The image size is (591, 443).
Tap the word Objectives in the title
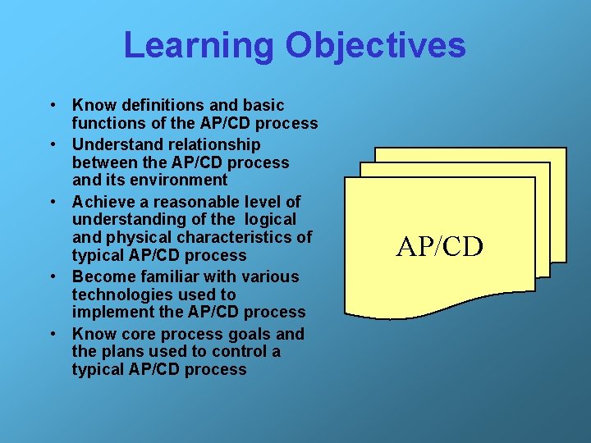pyautogui.click(x=375, y=46)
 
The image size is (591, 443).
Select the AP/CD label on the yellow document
pyautogui.click(x=440, y=246)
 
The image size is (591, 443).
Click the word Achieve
pyautogui.click(x=103, y=201)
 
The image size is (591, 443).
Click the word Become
pyautogui.click(x=103, y=276)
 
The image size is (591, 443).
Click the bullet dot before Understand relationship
pyautogui.click(x=52, y=145)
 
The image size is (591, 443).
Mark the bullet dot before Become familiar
pyautogui.click(x=52, y=277)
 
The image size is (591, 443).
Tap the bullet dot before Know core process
pyautogui.click(x=52, y=335)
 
